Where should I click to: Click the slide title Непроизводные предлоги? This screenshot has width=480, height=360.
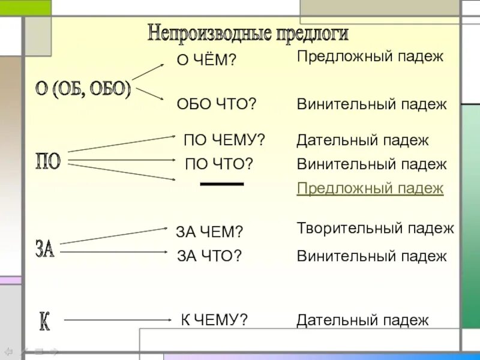tap(248, 33)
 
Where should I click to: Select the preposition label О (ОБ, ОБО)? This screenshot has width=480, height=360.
tap(83, 90)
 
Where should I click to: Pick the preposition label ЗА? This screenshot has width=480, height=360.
tap(45, 248)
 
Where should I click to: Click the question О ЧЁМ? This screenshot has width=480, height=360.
tap(206, 60)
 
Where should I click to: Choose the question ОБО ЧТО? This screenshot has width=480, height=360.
tap(217, 104)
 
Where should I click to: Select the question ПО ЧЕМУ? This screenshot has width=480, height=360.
tap(224, 140)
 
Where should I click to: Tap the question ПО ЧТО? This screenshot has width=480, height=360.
tap(219, 164)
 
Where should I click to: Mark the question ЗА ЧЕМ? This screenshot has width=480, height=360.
tap(209, 232)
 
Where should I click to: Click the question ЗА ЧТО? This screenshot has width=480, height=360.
tap(209, 256)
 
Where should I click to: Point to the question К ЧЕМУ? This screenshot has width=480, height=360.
tap(215, 320)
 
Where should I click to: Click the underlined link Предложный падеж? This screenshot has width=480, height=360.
tap(370, 188)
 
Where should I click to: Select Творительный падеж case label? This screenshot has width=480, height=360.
tap(376, 228)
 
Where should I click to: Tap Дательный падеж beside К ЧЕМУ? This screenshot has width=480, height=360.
tap(363, 320)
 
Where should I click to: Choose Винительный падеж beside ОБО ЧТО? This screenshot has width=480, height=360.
tap(372, 104)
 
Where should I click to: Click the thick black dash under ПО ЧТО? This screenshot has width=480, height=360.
tap(222, 184)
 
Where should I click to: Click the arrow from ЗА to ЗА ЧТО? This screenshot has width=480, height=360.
tap(114, 253)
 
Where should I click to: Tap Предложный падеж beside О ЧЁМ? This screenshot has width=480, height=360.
tap(370, 57)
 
